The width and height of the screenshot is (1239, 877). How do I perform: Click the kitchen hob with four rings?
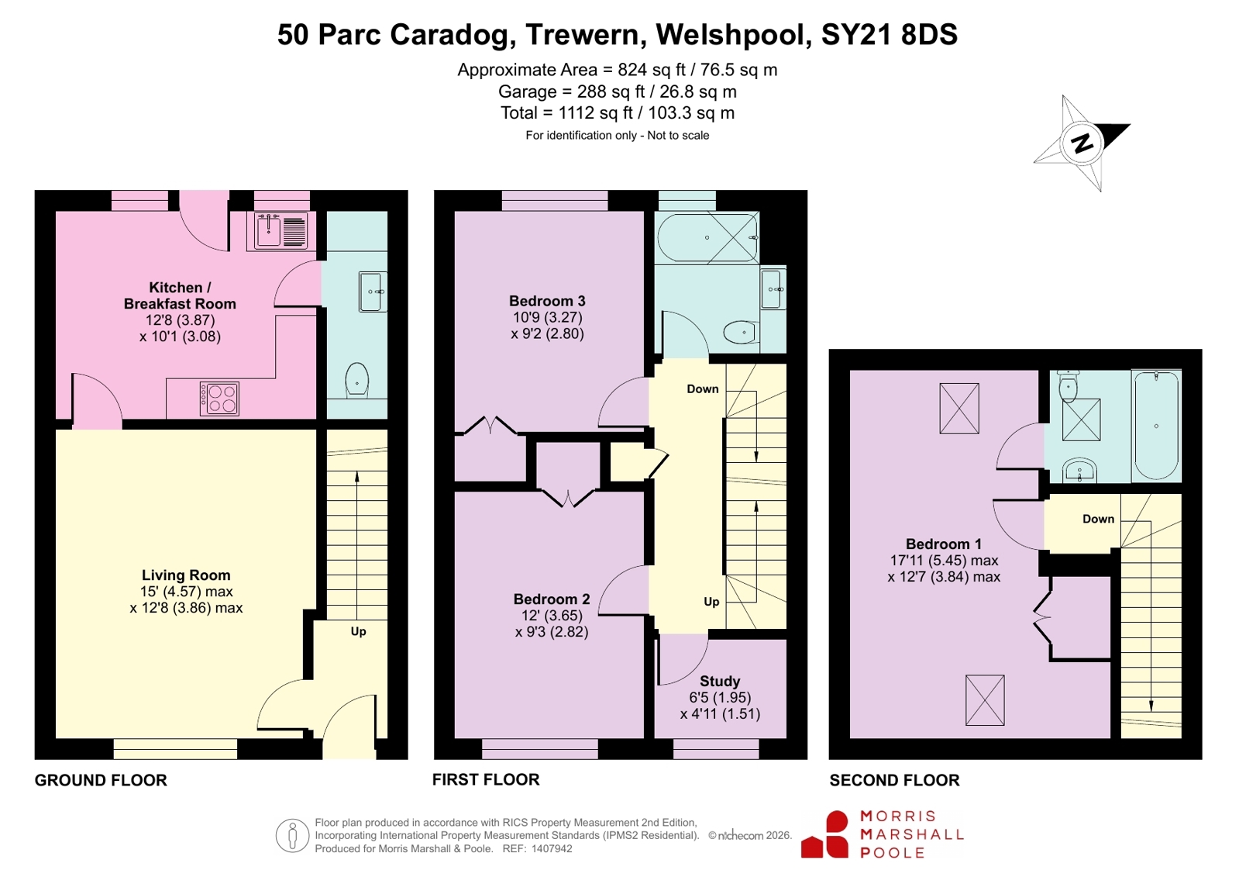(x=219, y=399)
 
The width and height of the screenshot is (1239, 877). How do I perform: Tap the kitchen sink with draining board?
(x=281, y=230)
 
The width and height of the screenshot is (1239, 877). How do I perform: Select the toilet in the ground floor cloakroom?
(x=356, y=380)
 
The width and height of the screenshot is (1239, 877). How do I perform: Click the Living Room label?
(x=186, y=575)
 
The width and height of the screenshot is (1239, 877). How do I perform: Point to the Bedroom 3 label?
(x=547, y=301)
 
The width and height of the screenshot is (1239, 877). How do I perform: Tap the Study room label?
(x=720, y=681)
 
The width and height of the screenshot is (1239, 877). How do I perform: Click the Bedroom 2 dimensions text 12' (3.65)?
(x=552, y=615)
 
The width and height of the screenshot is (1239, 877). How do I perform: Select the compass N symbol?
(x=1082, y=144)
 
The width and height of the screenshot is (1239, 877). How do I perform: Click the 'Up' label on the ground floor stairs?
(x=359, y=632)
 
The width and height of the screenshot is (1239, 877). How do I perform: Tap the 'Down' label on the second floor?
(x=1098, y=519)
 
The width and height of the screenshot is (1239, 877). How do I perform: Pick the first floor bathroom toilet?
(x=742, y=332)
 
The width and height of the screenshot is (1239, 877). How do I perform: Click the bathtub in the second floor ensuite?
(x=1156, y=425)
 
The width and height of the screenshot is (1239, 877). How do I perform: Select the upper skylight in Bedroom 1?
(x=959, y=409)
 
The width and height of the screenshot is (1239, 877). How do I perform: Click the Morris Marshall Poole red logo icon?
(x=824, y=834)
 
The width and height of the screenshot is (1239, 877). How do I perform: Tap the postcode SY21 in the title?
(x=856, y=34)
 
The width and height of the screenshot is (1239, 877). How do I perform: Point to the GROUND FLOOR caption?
(x=101, y=780)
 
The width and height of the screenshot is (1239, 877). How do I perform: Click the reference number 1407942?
(x=552, y=849)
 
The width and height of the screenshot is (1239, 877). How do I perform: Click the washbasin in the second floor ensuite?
(x=1079, y=470)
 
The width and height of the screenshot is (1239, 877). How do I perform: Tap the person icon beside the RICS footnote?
(x=292, y=835)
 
